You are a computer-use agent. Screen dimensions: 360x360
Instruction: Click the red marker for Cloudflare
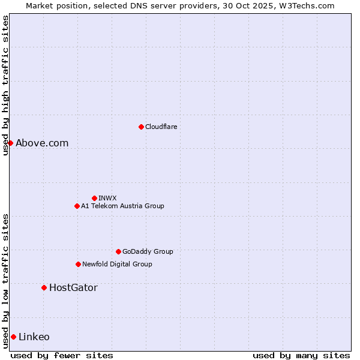point(141,127)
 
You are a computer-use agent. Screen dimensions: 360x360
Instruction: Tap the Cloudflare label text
point(161,127)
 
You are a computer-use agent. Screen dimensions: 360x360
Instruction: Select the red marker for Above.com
point(10,143)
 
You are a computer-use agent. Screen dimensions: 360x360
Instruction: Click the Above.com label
point(42,143)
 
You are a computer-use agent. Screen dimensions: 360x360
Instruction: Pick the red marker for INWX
point(94,198)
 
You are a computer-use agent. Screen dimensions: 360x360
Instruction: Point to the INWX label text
point(108,198)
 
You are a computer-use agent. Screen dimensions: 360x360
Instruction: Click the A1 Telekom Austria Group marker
point(77,206)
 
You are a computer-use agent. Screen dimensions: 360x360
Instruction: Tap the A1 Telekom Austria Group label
point(122,206)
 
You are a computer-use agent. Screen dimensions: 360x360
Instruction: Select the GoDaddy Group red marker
point(118,251)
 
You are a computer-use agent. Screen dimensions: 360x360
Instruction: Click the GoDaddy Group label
point(148,251)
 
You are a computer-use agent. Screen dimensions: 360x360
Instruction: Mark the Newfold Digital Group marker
point(78,264)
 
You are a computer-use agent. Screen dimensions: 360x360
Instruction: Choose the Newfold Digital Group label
point(117,264)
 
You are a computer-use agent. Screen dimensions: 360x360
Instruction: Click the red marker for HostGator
point(44,287)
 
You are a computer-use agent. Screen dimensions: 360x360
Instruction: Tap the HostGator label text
point(73,287)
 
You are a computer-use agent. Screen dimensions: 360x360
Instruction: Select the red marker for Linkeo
point(13,337)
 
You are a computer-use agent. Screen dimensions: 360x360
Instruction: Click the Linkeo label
point(34,337)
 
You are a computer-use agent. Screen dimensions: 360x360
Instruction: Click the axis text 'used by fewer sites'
point(62,355)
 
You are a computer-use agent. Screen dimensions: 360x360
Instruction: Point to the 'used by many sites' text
point(301,355)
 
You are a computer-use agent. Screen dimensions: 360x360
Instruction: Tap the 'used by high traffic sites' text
point(5,85)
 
